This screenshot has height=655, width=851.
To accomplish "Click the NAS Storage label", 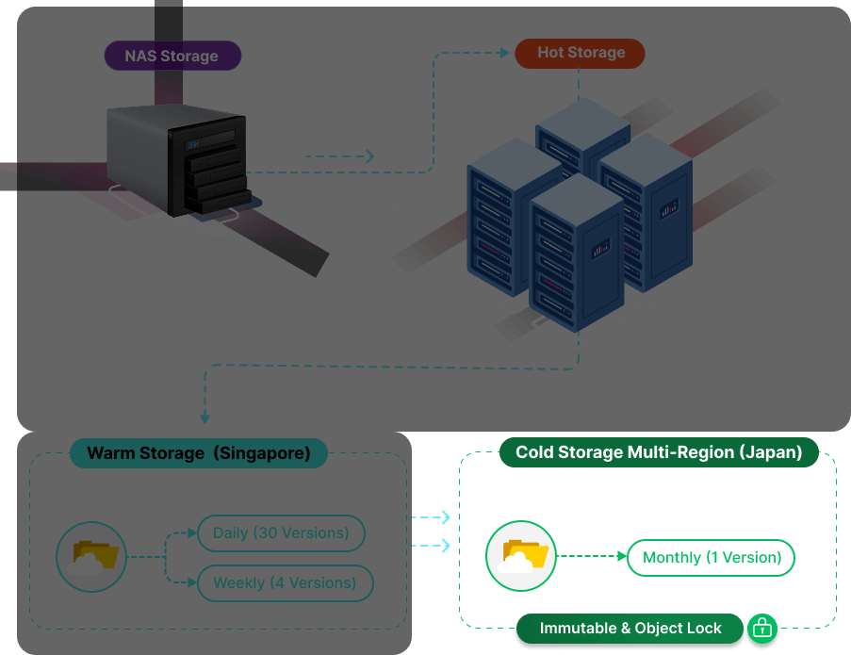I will click(171, 56).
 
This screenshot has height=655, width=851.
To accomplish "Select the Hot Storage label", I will click(580, 53).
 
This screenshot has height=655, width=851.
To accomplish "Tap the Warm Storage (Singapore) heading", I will click(198, 453).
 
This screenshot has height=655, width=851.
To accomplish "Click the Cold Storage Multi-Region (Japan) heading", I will click(658, 452).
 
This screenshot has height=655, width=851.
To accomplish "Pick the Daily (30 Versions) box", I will click(281, 533).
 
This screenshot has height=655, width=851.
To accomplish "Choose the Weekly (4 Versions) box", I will click(285, 583).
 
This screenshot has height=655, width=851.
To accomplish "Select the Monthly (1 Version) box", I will click(712, 558).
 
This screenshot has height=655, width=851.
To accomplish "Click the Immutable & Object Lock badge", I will click(630, 629).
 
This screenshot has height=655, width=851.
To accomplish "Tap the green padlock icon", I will click(761, 628).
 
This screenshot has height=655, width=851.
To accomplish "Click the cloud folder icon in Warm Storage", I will click(91, 558).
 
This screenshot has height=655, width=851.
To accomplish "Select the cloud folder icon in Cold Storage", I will click(521, 557).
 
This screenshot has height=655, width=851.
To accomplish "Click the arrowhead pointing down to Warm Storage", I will click(205, 418).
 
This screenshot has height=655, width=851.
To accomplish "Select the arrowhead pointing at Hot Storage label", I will click(507, 53).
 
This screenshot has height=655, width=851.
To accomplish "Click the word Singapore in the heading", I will click(262, 453).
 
